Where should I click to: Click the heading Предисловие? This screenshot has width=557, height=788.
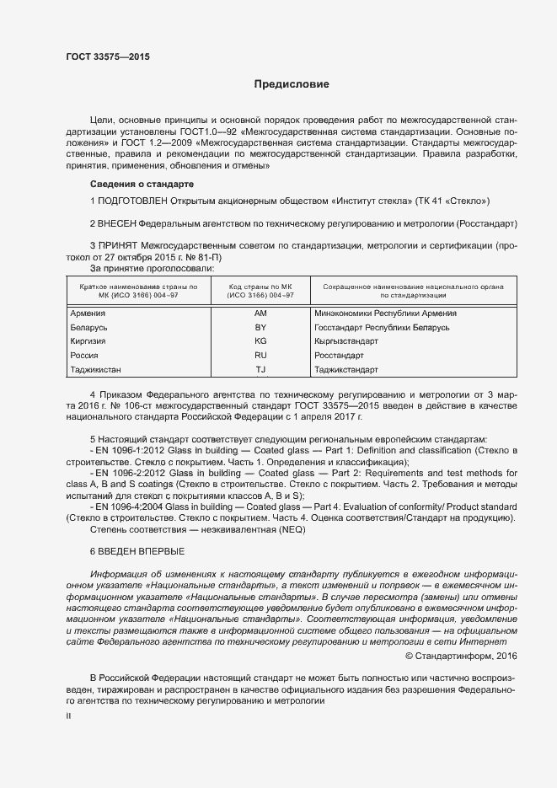tap(292, 84)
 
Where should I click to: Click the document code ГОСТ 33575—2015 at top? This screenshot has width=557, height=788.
tap(108, 57)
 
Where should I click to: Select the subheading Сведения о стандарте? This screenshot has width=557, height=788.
tap(142, 184)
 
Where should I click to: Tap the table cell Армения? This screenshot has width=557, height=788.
tap(88, 314)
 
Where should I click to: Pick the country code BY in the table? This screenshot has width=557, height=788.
tap(260, 327)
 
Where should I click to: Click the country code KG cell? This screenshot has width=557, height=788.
tap(260, 341)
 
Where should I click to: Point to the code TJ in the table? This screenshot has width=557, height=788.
tap(260, 369)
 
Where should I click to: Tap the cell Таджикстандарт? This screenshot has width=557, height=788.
tap(346, 369)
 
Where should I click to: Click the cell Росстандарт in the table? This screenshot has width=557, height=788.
tap(339, 356)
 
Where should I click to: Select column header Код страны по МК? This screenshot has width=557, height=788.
tap(260, 287)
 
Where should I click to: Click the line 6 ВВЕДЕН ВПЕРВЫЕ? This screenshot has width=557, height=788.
tap(137, 550)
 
